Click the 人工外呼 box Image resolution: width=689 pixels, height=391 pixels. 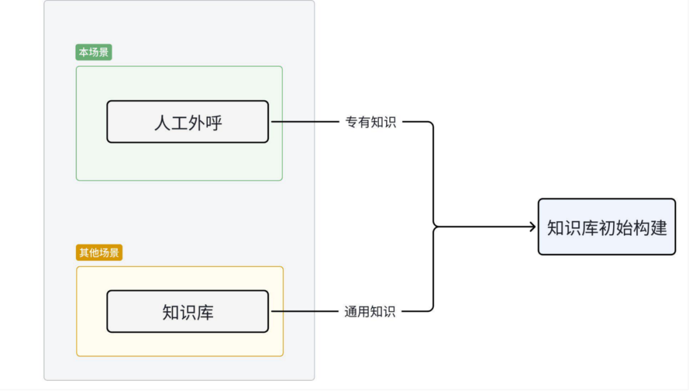click(x=188, y=122)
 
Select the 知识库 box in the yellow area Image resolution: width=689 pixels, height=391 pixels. click(x=188, y=311)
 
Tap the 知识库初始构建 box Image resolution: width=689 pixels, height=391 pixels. click(x=606, y=227)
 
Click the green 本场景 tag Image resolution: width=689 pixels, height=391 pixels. click(x=94, y=53)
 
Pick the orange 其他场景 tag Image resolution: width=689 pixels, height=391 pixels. click(x=99, y=253)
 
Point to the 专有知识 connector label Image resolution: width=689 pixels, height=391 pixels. click(x=371, y=122)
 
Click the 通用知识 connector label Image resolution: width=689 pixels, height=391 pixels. click(x=370, y=311)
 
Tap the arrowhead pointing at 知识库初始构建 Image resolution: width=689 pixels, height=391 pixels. click(x=532, y=226)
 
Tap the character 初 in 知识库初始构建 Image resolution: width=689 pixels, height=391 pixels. click(x=607, y=228)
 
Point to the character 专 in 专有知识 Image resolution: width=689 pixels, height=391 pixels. click(x=352, y=122)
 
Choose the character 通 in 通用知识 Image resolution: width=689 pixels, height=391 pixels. click(x=351, y=311)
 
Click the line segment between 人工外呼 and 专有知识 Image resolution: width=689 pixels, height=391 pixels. click(x=303, y=121)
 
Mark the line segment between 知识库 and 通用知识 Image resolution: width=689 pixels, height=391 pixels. click(x=303, y=311)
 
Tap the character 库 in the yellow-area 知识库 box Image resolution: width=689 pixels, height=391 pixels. click(x=205, y=312)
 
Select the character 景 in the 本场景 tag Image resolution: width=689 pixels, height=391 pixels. click(x=104, y=53)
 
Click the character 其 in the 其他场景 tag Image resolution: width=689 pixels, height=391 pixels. click(x=84, y=253)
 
